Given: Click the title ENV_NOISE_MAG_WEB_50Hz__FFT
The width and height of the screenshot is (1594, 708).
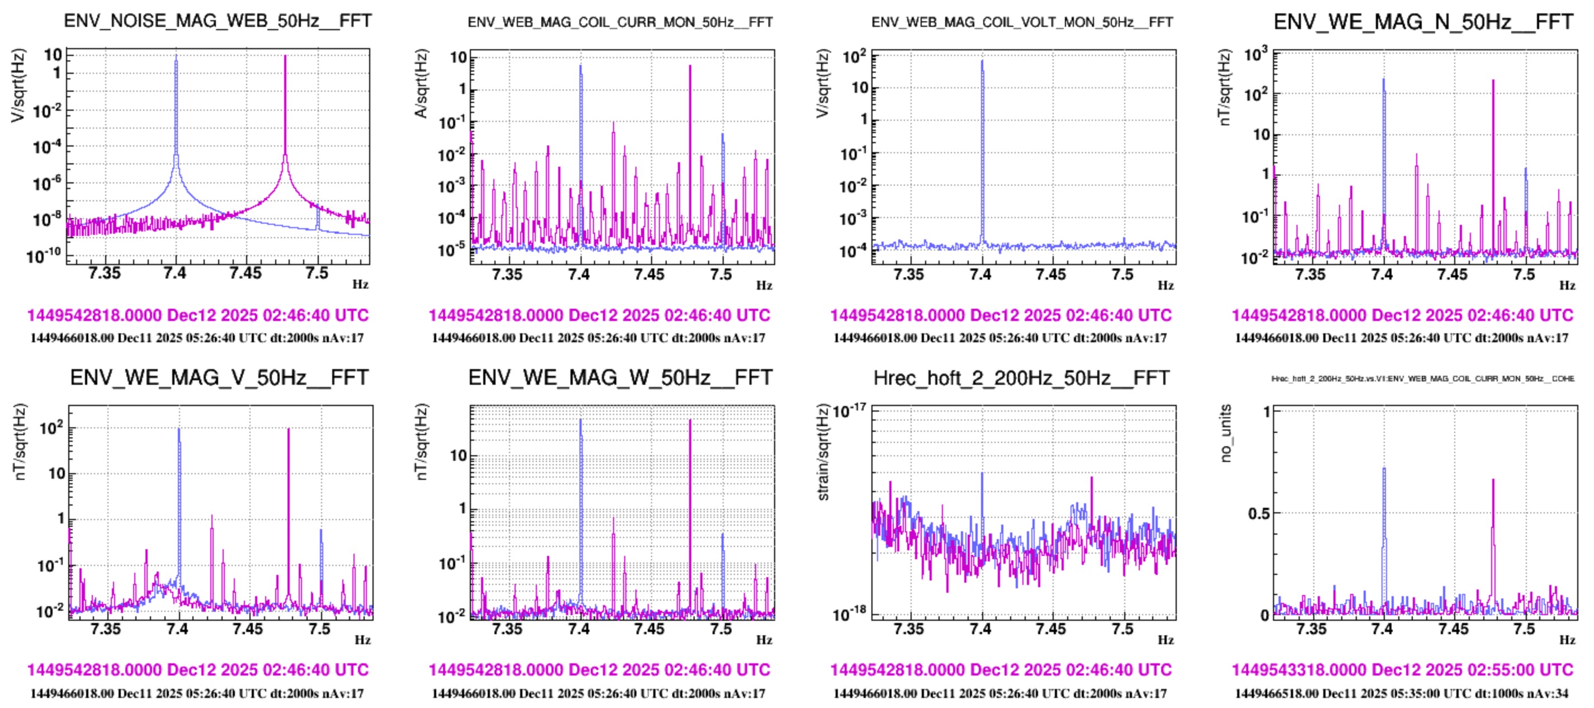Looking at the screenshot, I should [x=218, y=21].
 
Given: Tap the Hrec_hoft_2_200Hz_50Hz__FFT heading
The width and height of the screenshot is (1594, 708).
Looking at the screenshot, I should [x=1021, y=377].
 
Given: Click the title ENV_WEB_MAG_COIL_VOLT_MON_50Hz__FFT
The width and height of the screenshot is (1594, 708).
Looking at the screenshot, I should [x=1022, y=22].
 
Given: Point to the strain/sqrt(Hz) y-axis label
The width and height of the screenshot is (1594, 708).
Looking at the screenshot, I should [x=822, y=452].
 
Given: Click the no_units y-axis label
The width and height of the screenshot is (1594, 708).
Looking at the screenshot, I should [x=1225, y=433].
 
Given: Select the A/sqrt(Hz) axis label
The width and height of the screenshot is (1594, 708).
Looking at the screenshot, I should [x=421, y=83].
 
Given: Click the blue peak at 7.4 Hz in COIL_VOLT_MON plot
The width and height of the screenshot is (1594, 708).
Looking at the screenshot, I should [x=982, y=62].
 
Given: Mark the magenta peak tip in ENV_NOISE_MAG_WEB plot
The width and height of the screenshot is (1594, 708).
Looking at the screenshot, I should [x=285, y=57].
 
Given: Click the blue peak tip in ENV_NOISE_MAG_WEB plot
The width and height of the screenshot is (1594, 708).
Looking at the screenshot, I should [x=176, y=57].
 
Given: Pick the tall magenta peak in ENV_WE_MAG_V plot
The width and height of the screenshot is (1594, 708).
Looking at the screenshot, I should [x=289, y=430].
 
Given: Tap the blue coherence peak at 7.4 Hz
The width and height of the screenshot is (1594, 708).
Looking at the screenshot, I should [x=1384, y=469].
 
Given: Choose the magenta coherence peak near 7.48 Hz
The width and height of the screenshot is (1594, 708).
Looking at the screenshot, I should [x=1493, y=480].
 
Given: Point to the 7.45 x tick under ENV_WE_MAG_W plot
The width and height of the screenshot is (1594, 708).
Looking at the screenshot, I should [x=649, y=629].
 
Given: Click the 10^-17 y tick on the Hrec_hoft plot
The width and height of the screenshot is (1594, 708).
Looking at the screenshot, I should [x=850, y=411].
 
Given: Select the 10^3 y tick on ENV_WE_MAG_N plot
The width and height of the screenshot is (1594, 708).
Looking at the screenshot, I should [x=1256, y=55].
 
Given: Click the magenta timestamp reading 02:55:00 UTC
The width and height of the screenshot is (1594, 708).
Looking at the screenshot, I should [x=1402, y=669].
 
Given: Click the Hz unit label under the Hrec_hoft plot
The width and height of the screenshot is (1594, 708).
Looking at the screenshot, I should [x=1166, y=640].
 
